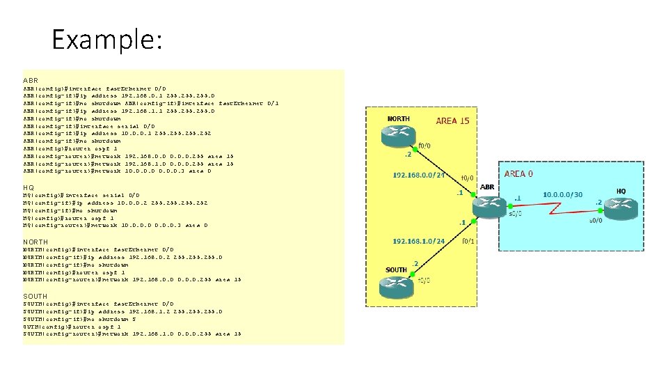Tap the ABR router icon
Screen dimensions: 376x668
point(487,204)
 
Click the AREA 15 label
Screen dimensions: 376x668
point(452,121)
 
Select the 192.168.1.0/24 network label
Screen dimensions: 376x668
point(418,242)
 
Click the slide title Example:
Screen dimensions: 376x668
point(106,40)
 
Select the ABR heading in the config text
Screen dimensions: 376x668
point(30,80)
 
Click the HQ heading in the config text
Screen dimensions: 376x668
point(29,187)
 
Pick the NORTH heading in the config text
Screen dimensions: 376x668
point(35,241)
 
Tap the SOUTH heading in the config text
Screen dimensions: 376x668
point(35,296)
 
